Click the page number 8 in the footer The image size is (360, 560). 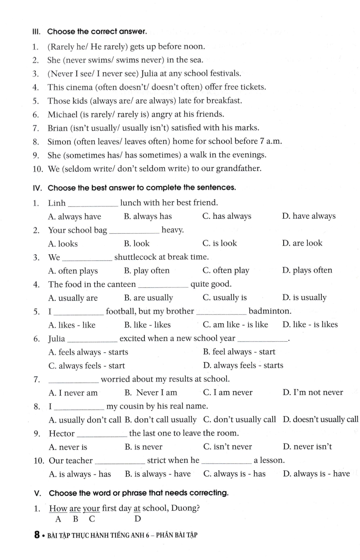point(37,535)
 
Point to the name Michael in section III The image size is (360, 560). point(62,115)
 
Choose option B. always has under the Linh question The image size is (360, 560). point(148,217)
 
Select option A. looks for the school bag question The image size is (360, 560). point(63,244)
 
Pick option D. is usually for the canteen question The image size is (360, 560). point(304,298)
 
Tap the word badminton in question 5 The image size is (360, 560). point(269,311)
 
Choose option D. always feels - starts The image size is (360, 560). point(243,365)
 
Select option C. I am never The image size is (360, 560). point(228,392)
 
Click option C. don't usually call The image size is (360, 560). point(240,420)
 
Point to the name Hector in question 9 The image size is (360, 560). point(62,433)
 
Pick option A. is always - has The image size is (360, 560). point(80,474)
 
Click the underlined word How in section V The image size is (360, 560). point(58,508)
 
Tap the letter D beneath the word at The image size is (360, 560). point(138,519)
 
